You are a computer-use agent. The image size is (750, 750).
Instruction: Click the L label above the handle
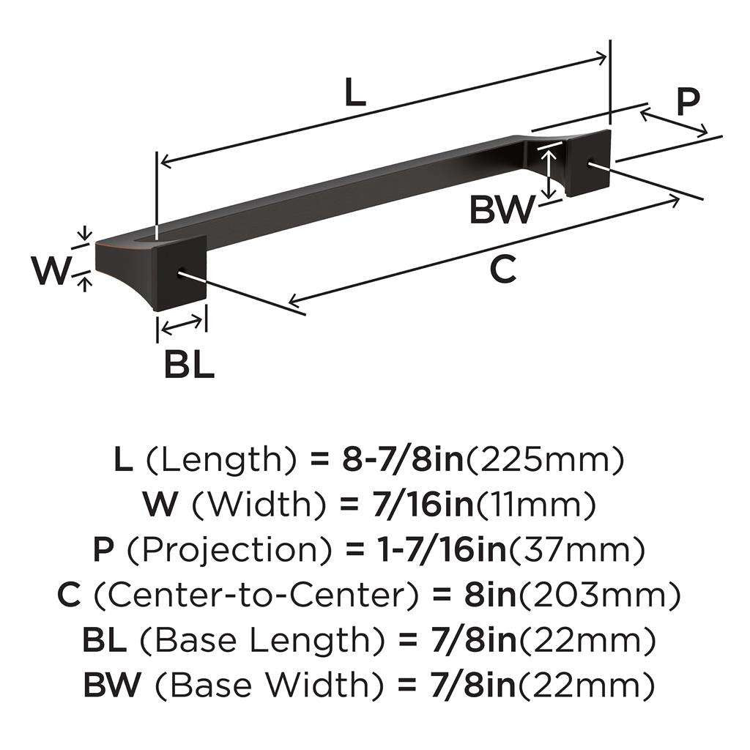click(354, 93)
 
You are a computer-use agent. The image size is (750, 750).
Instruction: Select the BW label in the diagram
click(502, 210)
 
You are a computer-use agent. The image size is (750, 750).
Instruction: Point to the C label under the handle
click(502, 269)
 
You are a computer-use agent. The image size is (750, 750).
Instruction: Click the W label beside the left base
click(51, 272)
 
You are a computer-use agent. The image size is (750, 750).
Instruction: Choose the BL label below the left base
click(188, 364)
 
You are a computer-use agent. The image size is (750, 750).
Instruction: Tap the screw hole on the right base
click(591, 164)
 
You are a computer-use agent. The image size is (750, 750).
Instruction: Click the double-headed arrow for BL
click(182, 323)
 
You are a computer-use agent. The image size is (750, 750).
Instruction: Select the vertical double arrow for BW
click(548, 171)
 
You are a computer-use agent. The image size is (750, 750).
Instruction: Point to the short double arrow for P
click(674, 122)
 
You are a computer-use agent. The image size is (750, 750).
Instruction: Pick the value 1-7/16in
click(423, 549)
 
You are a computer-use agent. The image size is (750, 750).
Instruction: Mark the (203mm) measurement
click(600, 595)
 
